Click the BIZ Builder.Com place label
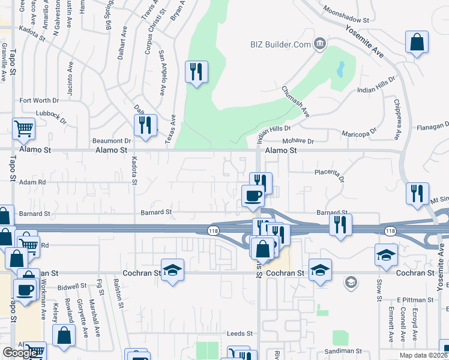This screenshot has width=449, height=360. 280,44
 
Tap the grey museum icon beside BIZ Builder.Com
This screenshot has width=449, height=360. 319,43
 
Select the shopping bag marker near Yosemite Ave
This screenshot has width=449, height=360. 417,43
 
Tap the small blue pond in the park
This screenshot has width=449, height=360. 341,69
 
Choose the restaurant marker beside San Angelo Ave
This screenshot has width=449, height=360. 196,72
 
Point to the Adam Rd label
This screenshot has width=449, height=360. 32,182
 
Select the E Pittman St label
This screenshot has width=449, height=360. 415,299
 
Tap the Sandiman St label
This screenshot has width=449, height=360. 344,350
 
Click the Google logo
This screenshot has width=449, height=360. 20,353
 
